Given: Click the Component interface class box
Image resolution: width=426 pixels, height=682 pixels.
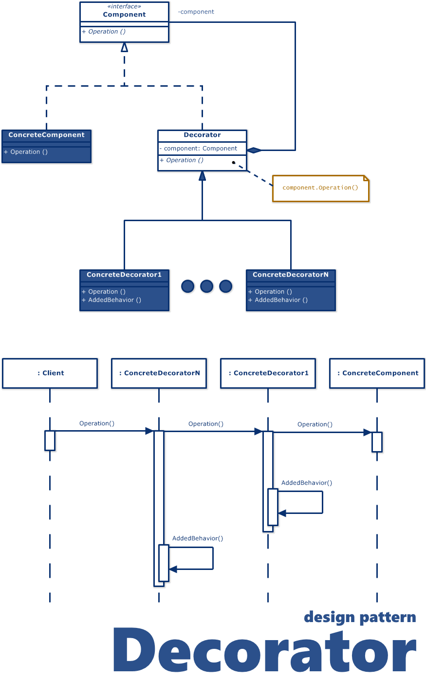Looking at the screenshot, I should [124, 22].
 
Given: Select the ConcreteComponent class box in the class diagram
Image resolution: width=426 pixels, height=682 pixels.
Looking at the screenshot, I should [46, 146].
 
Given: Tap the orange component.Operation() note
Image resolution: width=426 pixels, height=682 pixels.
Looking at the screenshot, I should [320, 188].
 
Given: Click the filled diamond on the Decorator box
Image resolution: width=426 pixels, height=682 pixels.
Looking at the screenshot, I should [254, 150].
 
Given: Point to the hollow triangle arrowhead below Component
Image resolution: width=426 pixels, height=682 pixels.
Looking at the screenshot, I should [124, 47].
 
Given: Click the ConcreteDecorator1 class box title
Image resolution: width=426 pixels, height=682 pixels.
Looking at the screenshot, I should [124, 275].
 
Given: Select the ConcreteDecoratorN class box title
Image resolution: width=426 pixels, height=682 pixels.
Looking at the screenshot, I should [291, 275].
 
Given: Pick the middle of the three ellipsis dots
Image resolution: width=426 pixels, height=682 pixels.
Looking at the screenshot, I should [206, 286].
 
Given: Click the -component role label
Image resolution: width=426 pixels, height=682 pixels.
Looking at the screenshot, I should [196, 12].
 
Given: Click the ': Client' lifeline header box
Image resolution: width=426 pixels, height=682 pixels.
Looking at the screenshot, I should [50, 373].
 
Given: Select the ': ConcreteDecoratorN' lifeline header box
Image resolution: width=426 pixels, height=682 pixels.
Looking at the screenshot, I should [159, 373].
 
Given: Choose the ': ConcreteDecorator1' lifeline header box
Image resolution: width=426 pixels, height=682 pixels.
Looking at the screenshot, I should [268, 373].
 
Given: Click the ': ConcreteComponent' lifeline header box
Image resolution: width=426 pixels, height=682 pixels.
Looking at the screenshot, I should [377, 373].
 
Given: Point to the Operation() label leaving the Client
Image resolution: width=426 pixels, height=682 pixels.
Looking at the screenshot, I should [97, 423].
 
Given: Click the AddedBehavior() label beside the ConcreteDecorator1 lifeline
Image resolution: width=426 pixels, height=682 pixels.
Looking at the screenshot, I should [307, 483].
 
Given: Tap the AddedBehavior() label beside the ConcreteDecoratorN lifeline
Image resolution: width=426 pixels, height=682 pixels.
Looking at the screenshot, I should [198, 538].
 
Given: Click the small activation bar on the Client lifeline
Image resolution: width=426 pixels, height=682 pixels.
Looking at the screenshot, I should [50, 440].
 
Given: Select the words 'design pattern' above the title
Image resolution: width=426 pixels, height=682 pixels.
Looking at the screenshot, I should [360, 618].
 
